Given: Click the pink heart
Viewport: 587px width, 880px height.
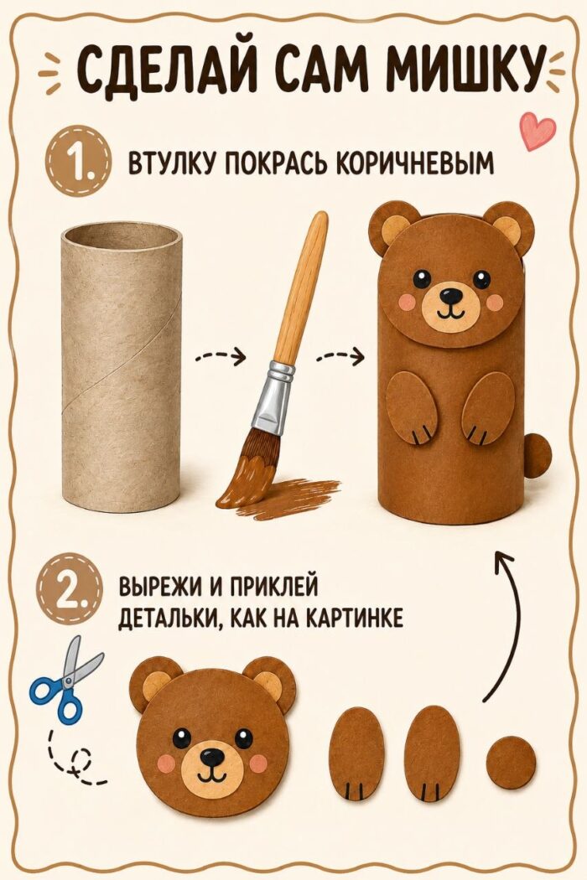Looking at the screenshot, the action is [x=537, y=132].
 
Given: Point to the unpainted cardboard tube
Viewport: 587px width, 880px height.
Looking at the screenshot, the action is [x=122, y=366].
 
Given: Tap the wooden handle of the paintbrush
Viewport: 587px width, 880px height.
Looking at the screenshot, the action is [x=304, y=288].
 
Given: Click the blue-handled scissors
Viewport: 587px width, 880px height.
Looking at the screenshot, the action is [x=65, y=677].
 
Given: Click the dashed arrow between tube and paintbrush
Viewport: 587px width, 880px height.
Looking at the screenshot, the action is [x=221, y=356].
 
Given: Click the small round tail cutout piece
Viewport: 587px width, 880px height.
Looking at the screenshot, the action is [x=512, y=763].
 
